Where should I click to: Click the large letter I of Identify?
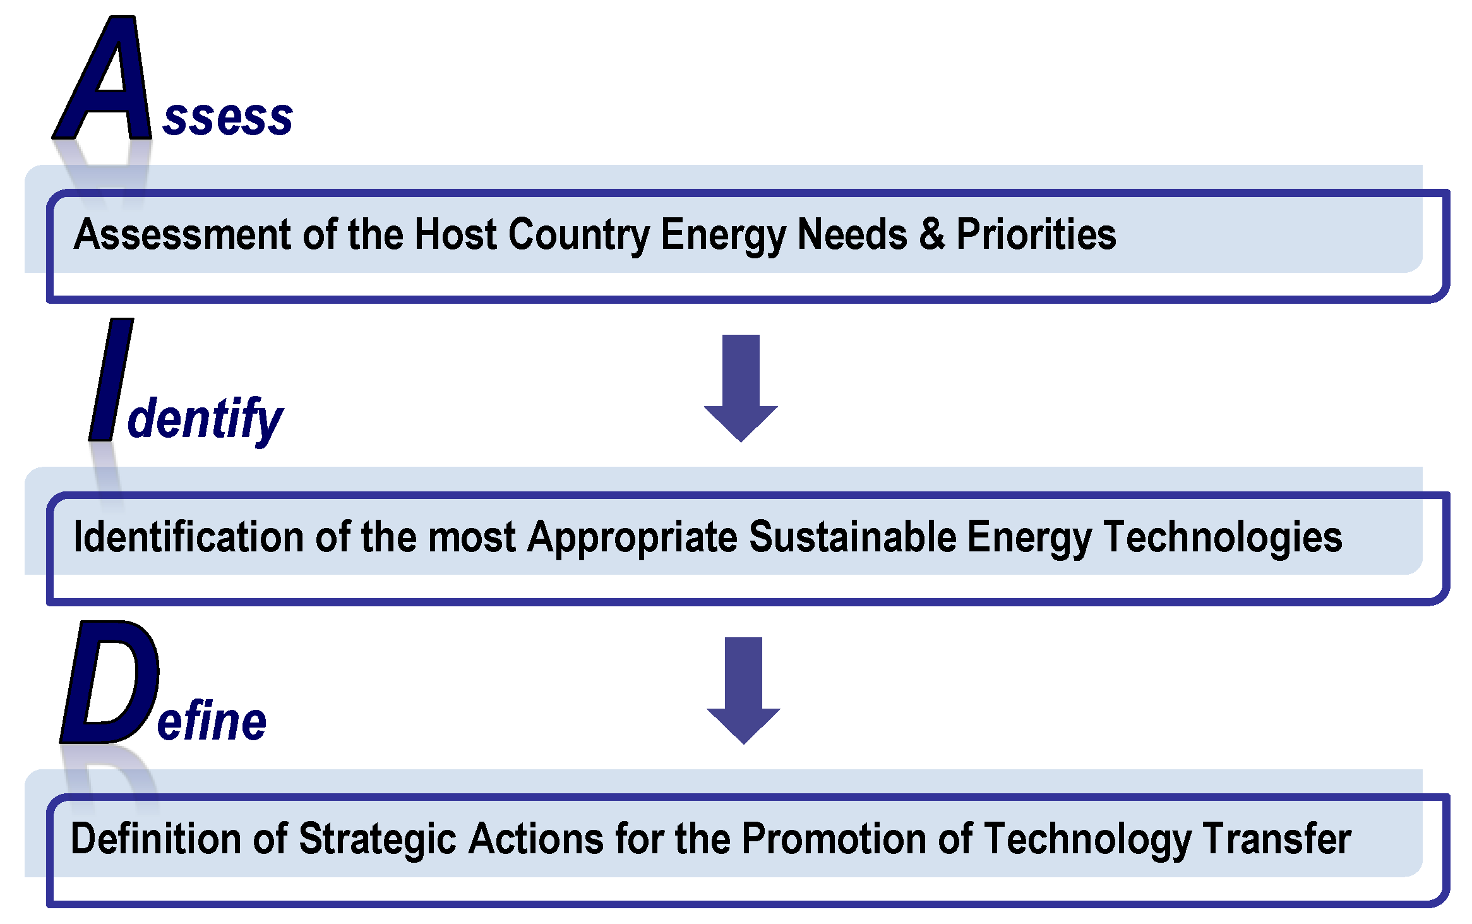(x=111, y=380)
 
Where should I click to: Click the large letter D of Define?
(x=110, y=682)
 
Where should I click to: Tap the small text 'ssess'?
(x=227, y=118)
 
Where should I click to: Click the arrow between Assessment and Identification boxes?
(x=741, y=388)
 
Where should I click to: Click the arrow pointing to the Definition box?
(x=743, y=690)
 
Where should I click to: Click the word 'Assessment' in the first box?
(x=183, y=234)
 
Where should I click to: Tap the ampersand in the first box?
(x=931, y=234)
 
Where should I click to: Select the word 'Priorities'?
(x=1036, y=234)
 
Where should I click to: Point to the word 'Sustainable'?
(x=853, y=537)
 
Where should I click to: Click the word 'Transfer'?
(x=1276, y=839)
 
